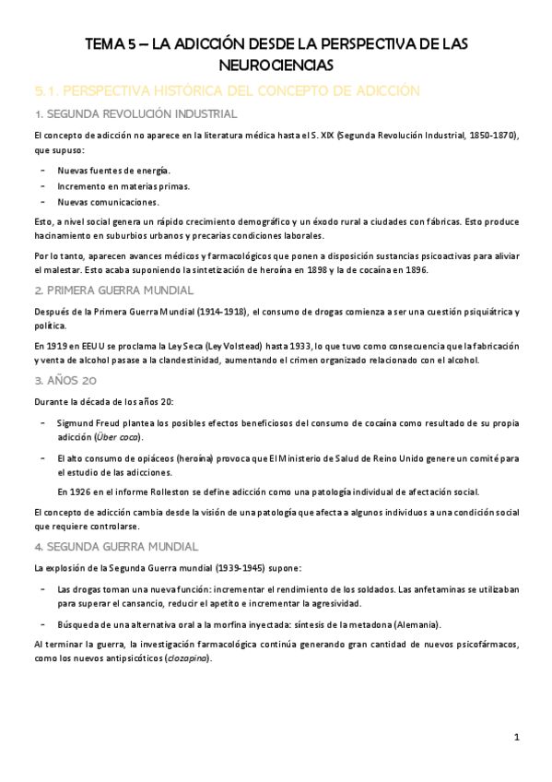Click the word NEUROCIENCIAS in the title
(276, 65)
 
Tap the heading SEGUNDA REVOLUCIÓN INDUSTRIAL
(141, 114)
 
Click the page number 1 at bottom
(518, 737)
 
